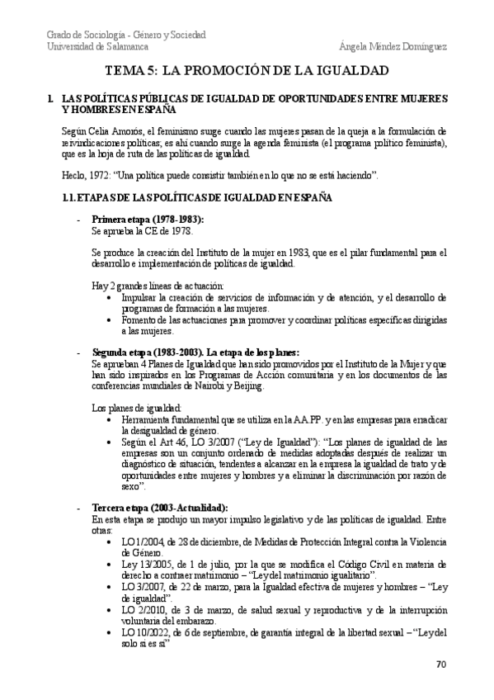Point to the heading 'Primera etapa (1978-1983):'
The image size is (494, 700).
pos(148,219)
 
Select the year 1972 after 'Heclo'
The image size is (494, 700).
pos(97,175)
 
